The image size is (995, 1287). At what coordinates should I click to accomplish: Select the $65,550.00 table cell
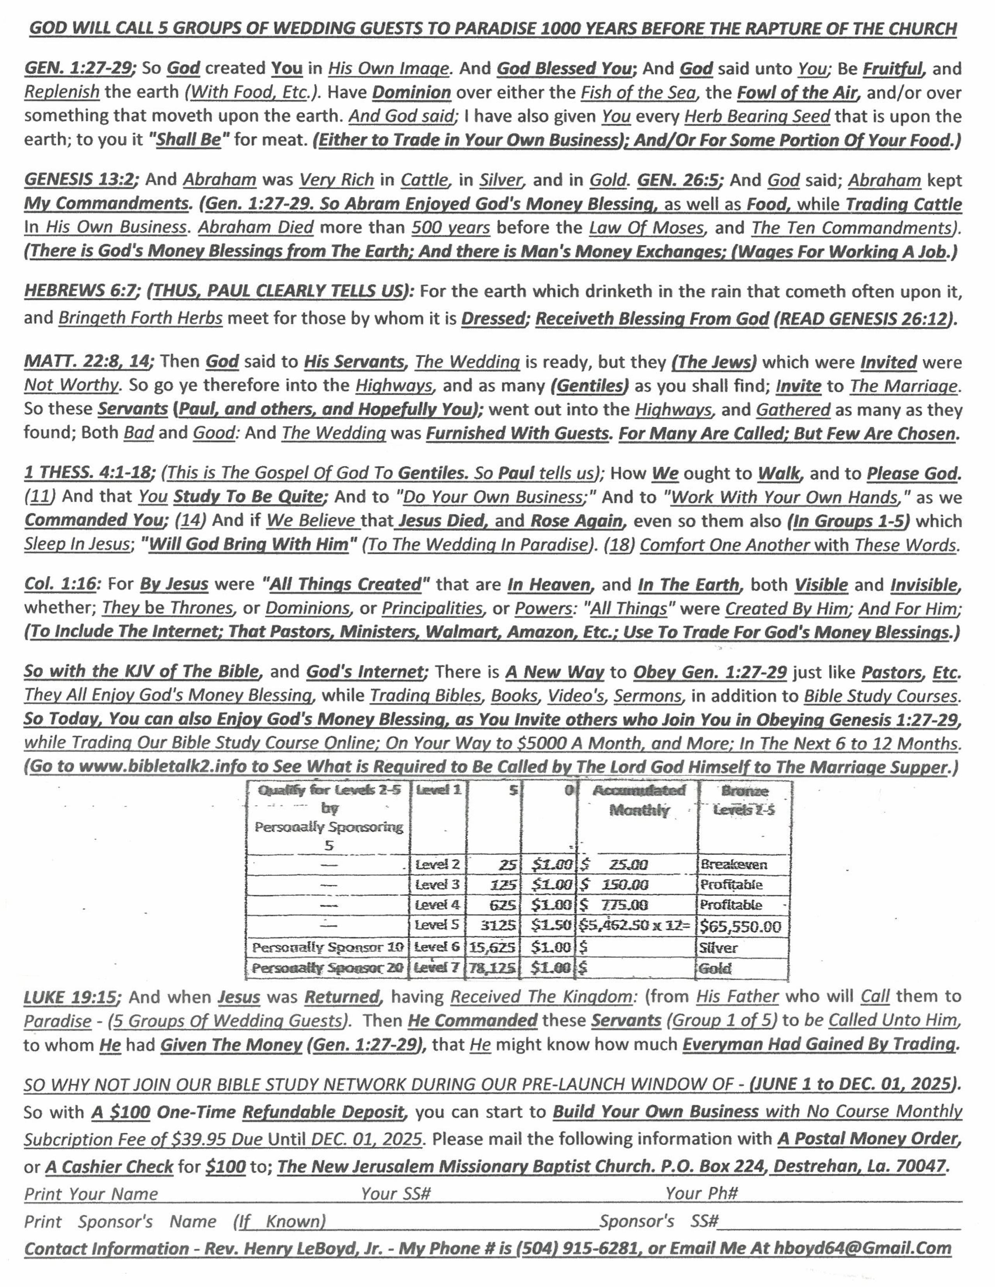[740, 926]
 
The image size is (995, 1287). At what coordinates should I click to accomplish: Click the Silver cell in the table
[718, 948]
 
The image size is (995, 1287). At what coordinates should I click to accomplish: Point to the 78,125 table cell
[492, 968]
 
